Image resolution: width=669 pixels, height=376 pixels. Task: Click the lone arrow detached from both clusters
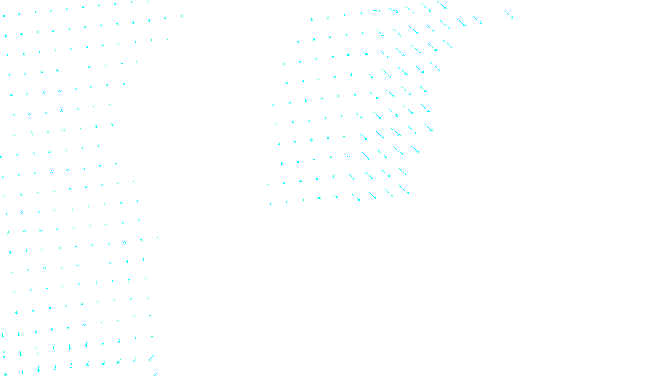508,15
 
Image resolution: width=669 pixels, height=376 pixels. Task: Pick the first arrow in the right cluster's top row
311,19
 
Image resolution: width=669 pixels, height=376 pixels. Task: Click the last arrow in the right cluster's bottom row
404,190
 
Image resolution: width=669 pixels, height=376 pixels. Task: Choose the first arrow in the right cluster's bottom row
270,204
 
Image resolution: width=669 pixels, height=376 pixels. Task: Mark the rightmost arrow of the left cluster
181,17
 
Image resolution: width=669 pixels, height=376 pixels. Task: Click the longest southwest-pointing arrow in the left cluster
151,358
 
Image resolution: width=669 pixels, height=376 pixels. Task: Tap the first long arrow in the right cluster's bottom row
355,196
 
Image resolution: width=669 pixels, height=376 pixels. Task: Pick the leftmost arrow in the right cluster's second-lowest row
268,184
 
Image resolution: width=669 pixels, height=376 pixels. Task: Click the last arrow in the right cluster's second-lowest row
401,170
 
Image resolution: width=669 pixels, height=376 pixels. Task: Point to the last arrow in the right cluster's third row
435,66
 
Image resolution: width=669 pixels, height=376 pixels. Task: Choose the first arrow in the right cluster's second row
298,42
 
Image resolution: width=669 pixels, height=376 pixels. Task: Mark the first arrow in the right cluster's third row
284,64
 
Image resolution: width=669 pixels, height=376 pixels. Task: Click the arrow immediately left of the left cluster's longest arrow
135,359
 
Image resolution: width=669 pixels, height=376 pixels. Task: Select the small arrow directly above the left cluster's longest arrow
151,336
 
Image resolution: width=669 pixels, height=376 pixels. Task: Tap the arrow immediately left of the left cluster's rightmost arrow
165,18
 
